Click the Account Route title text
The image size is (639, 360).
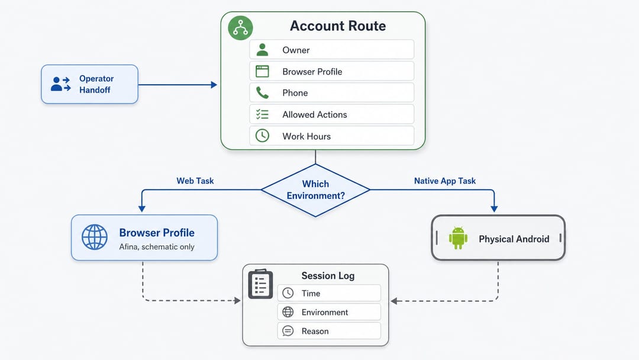tap(338, 26)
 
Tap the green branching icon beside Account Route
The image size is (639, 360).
tap(240, 28)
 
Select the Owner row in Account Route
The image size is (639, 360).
tap(332, 50)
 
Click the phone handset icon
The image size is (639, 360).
tap(262, 93)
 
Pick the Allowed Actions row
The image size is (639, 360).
tap(332, 114)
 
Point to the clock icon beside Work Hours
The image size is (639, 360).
tap(262, 136)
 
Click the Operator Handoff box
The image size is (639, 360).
tap(90, 84)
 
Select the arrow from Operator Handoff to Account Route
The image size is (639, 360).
tap(177, 85)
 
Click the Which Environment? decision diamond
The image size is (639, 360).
tap(315, 190)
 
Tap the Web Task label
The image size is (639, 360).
tap(195, 181)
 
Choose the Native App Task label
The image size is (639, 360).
tap(444, 181)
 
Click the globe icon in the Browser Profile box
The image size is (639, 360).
tap(95, 237)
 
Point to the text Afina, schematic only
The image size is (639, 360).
tap(156, 247)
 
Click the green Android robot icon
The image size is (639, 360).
tap(458, 237)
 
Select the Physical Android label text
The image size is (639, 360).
tap(514, 239)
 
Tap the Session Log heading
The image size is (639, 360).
tap(328, 275)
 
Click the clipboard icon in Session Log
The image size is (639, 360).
tap(260, 284)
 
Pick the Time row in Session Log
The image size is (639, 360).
tap(330, 293)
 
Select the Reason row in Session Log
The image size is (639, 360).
tap(330, 331)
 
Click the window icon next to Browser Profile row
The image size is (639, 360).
tap(262, 71)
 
